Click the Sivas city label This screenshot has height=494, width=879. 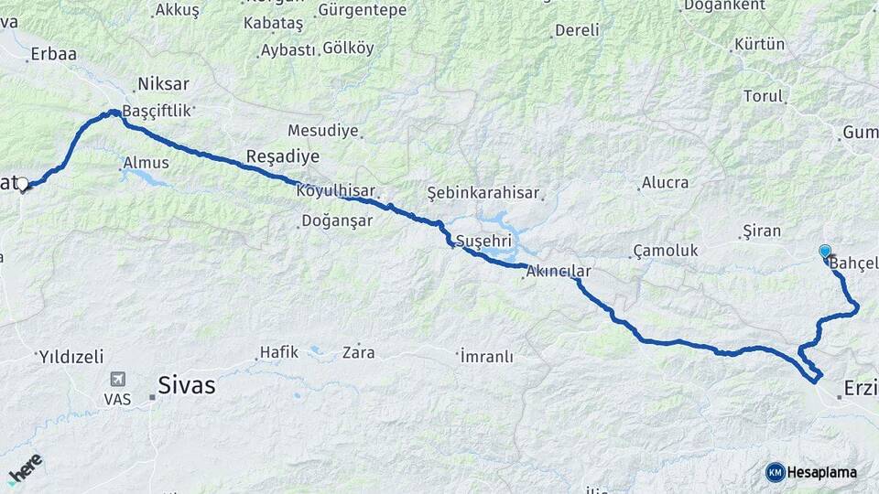pyautogui.click(x=187, y=385)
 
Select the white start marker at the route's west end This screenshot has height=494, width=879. pyautogui.click(x=23, y=185)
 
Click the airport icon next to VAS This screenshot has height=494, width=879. pyautogui.click(x=117, y=380)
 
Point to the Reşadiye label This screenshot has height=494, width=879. pyautogui.click(x=274, y=155)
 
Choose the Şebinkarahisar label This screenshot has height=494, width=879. pyautogui.click(x=483, y=193)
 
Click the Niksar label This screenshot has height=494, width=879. pyautogui.click(x=162, y=84)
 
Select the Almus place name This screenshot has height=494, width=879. pyautogui.click(x=146, y=163)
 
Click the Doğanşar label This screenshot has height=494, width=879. pyautogui.click(x=337, y=221)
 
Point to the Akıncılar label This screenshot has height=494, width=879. pyautogui.click(x=559, y=272)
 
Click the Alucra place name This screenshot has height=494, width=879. pyautogui.click(x=665, y=182)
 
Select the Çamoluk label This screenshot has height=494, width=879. pyautogui.click(x=665, y=251)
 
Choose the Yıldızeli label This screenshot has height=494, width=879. pyautogui.click(x=71, y=356)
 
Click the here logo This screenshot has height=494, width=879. pyautogui.click(x=25, y=467)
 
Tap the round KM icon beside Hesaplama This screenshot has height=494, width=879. pyautogui.click(x=775, y=472)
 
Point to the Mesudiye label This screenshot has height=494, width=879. pyautogui.click(x=322, y=131)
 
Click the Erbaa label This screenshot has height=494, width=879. pyautogui.click(x=53, y=54)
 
